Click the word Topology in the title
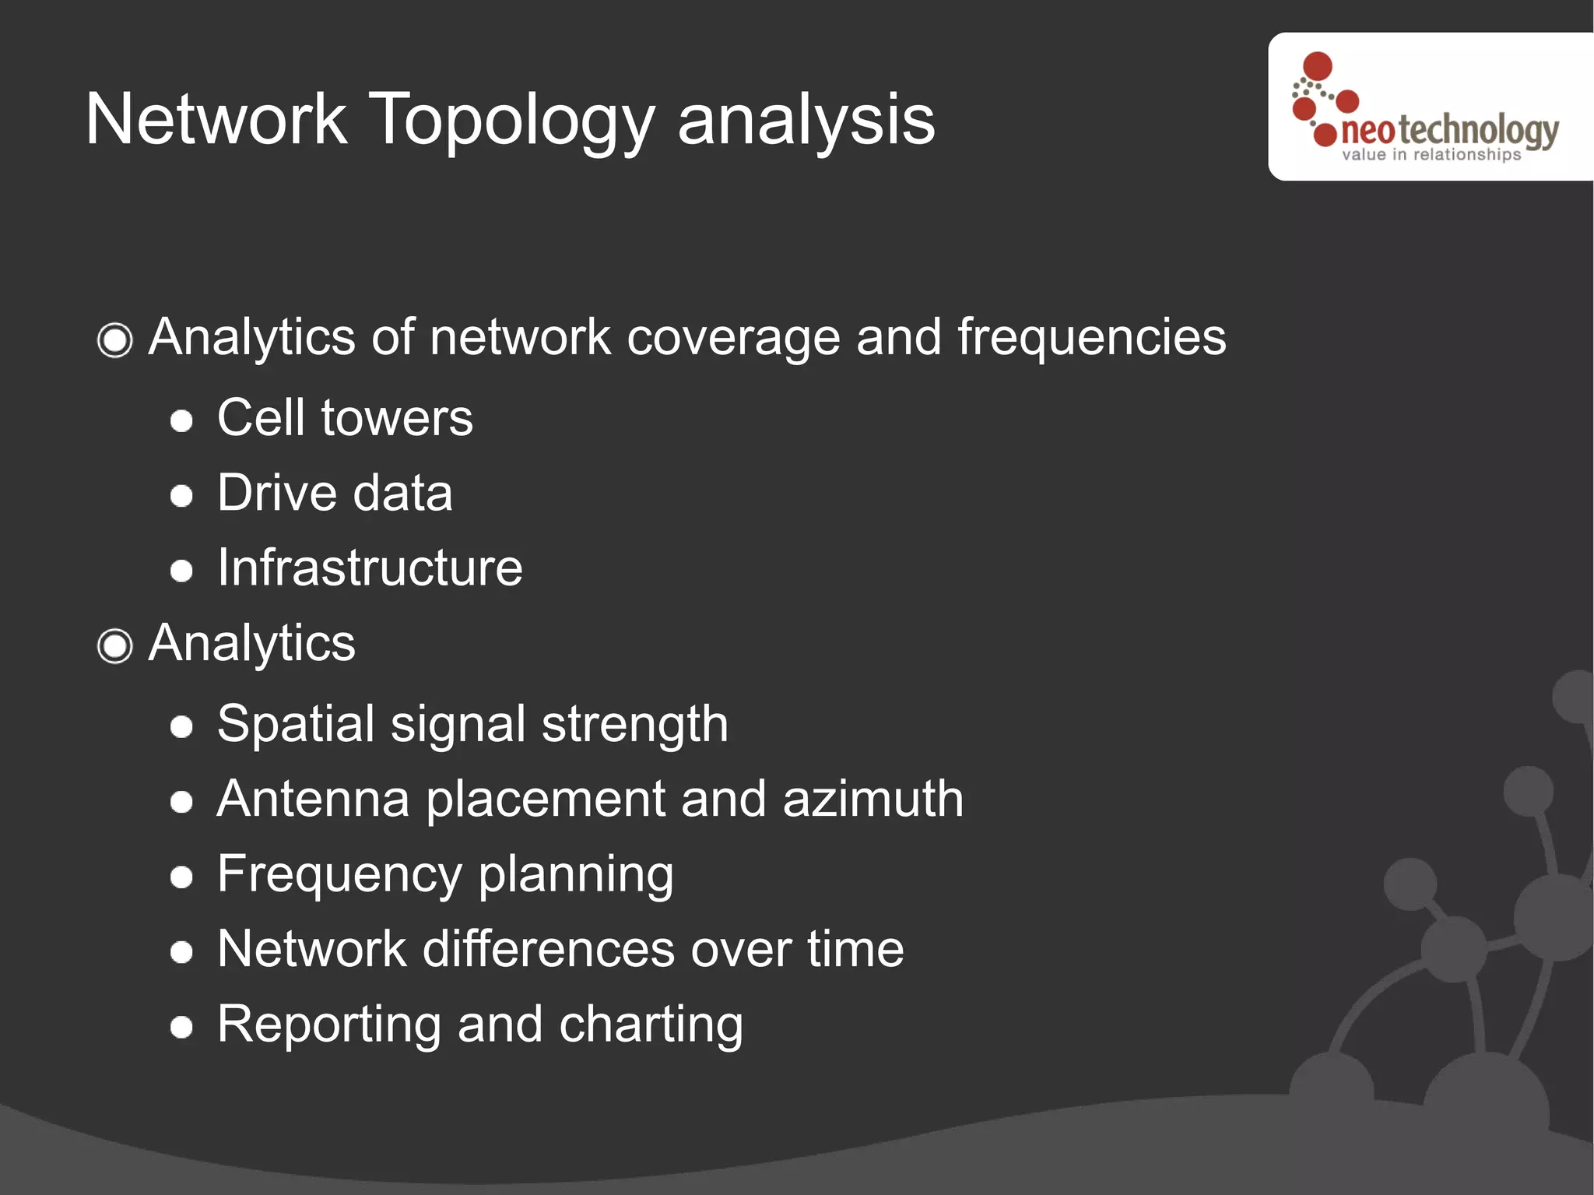coord(511,121)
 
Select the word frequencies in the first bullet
coord(1091,338)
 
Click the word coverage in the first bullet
coord(733,338)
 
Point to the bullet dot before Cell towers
coord(181,421)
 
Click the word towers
coord(397,418)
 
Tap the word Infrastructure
coord(370,568)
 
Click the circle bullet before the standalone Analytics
coord(115,646)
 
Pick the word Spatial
coord(295,724)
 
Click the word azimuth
coord(872,799)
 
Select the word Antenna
coord(313,799)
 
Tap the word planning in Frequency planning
coord(576,875)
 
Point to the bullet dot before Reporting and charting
coord(181,1027)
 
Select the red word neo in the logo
coord(1368,132)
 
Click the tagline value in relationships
coord(1431,155)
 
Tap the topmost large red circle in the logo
coord(1317,66)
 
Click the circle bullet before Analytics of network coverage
coord(115,340)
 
